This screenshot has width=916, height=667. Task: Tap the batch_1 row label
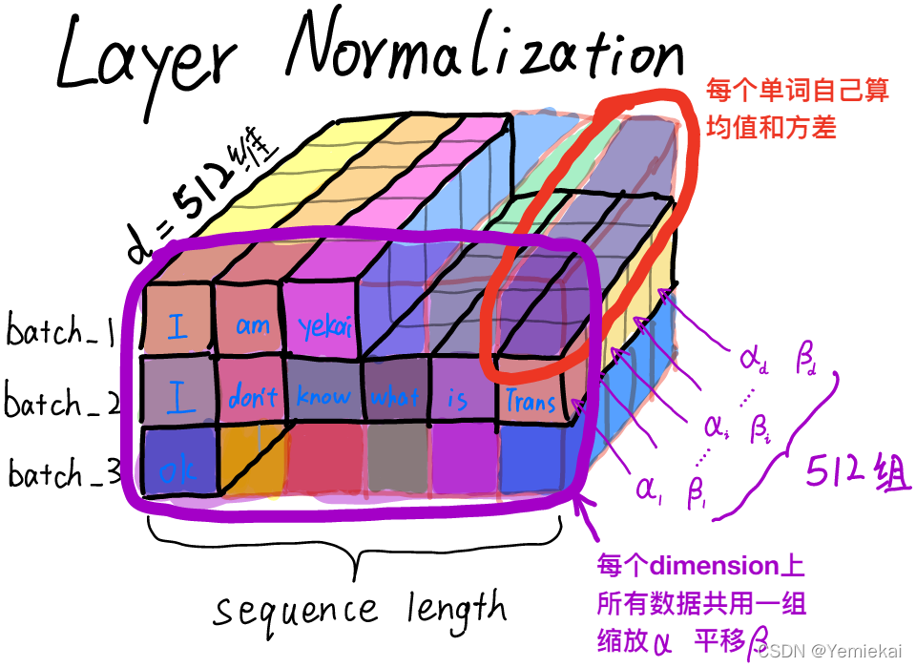coord(61,333)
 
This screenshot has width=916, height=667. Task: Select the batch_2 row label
coord(63,403)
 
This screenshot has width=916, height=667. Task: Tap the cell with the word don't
coord(253,395)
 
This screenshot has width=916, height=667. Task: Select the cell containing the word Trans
coord(531,399)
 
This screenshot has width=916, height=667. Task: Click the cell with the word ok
coord(177,467)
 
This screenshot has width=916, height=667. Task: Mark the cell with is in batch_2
coord(458,398)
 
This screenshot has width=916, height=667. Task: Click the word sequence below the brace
coord(295,610)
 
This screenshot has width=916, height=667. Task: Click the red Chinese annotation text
coord(797,107)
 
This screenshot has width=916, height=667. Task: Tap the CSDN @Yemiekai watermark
coord(833,650)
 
